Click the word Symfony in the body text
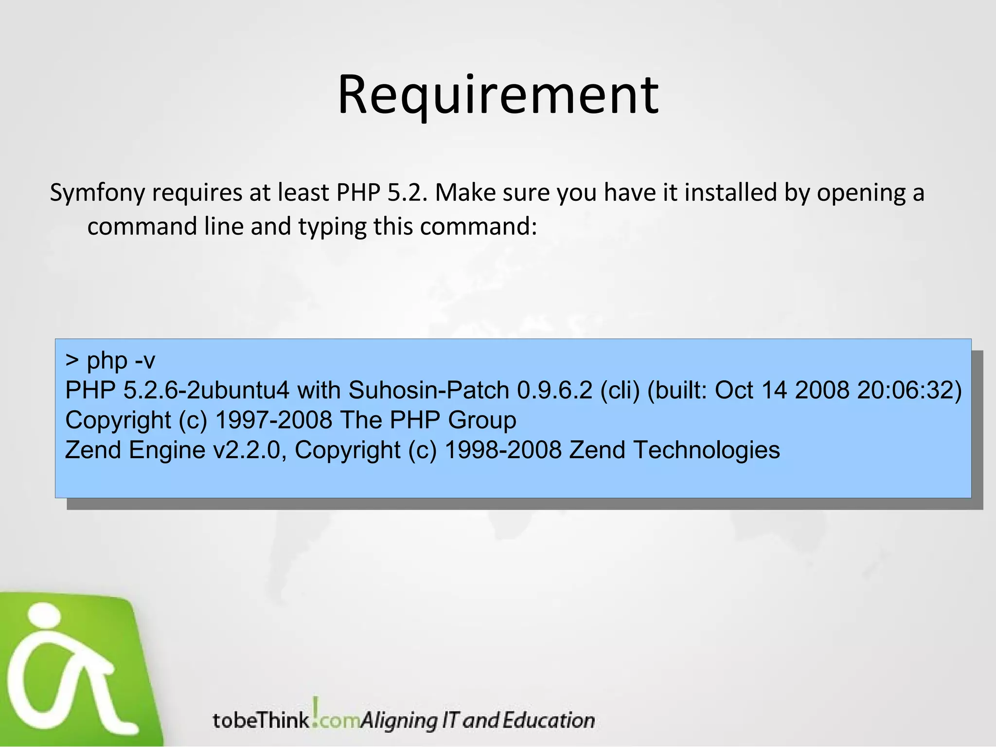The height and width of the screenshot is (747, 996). click(97, 193)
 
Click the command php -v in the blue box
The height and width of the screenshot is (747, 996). click(121, 360)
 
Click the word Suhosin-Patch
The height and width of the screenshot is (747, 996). click(428, 390)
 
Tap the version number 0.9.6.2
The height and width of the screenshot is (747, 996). click(555, 390)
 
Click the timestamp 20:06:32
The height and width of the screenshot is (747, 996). click(908, 390)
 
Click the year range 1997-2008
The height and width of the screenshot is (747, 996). click(274, 420)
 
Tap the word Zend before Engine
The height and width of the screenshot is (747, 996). click(93, 450)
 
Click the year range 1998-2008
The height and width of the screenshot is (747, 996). click(503, 450)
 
